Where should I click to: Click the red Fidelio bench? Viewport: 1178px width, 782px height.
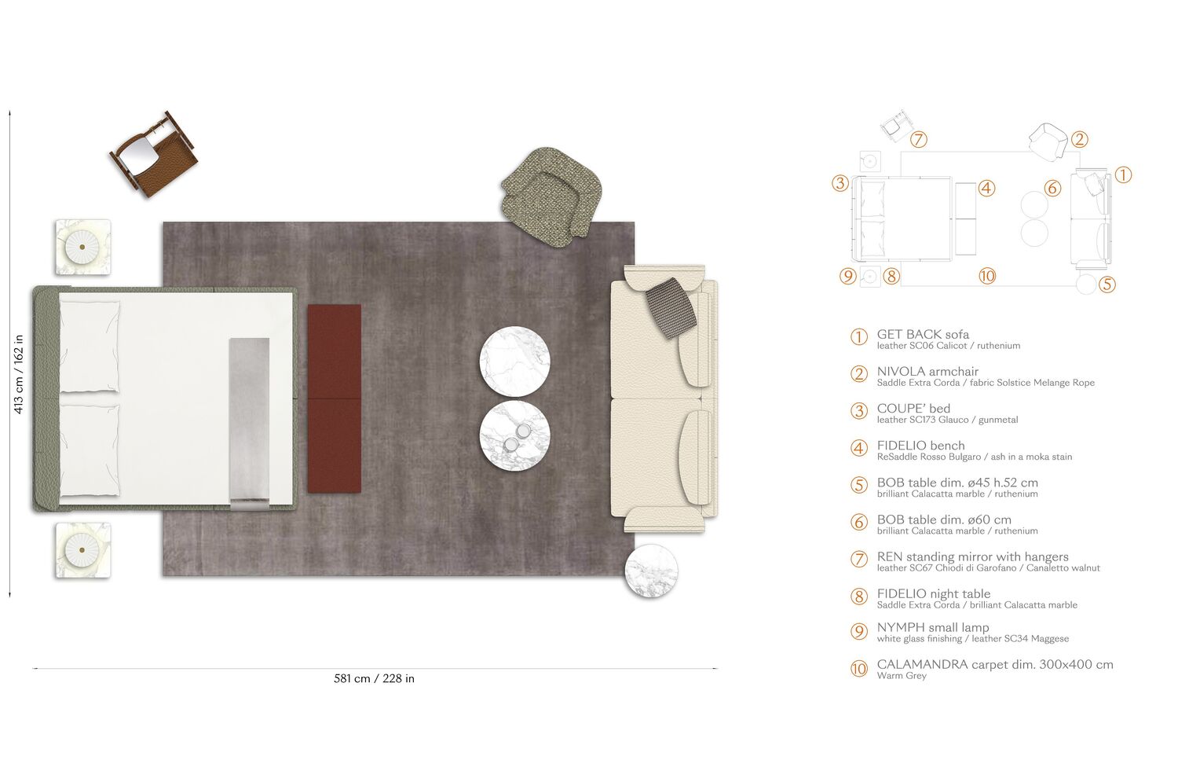pos(334,398)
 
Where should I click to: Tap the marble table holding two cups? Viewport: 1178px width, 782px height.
pos(515,435)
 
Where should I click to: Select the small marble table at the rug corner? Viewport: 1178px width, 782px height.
pos(651,571)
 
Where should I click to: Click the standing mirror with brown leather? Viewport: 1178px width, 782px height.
pos(153,155)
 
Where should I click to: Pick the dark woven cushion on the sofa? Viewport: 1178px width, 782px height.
pos(671,307)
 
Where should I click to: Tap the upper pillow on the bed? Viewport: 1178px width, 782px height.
pos(90,347)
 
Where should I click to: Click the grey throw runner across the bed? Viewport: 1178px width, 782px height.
pos(249,424)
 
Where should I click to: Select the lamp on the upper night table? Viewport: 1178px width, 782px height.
pos(82,247)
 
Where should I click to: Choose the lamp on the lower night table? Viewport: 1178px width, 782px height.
pos(82,550)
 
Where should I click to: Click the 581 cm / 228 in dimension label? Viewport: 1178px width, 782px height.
pos(374,678)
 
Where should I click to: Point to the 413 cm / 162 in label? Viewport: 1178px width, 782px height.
pos(18,374)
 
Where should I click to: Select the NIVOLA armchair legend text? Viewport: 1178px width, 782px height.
pos(927,371)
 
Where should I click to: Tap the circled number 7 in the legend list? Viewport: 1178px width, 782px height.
pos(859,559)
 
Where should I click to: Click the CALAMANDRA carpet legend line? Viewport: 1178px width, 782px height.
pos(995,664)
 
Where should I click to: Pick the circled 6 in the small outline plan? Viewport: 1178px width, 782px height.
pos(1052,188)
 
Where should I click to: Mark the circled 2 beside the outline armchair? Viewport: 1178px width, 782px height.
pos(1079,139)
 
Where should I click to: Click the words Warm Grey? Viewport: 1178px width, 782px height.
pos(902,676)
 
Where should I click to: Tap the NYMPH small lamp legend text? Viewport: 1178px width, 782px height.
pos(932,627)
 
